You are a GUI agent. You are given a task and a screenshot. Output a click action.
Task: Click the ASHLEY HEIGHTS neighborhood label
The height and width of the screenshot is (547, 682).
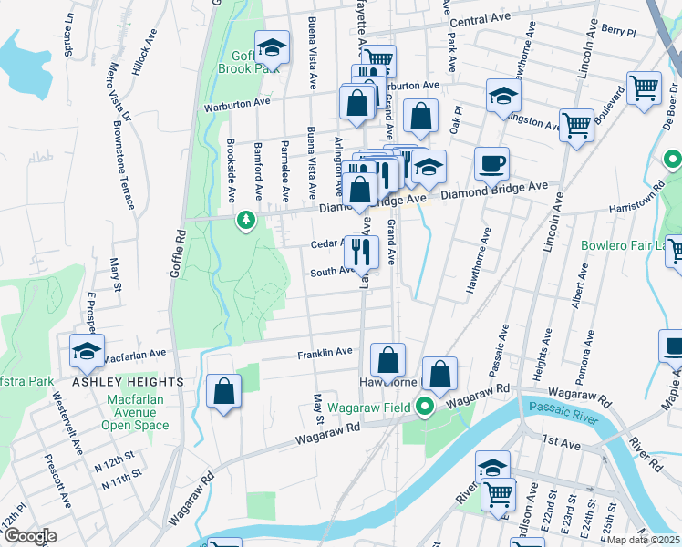pos(128,382)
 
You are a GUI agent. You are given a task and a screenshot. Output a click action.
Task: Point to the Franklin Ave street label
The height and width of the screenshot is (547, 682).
pos(325,352)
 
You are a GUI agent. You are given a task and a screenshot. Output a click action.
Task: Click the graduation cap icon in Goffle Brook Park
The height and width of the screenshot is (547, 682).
pos(272,47)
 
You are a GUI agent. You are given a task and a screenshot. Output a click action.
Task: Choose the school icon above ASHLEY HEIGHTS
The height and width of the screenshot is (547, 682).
pos(87,351)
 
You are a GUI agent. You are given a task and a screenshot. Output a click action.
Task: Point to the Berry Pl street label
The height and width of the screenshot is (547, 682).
pos(617,31)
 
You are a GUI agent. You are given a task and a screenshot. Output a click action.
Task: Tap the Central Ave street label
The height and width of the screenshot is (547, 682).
pos(479,19)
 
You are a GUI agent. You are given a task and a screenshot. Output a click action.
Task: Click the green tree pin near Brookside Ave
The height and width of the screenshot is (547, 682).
pos(245,220)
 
